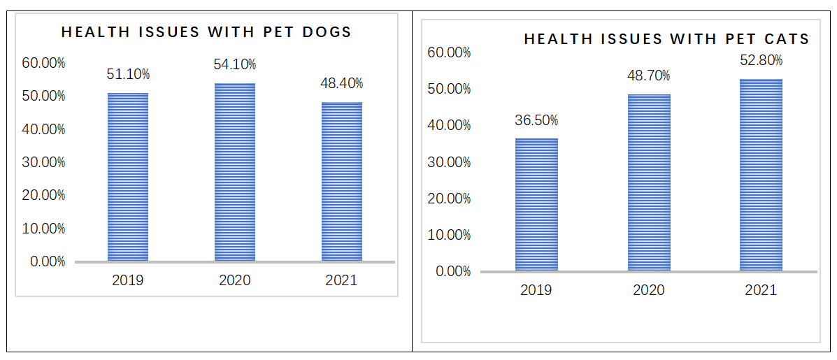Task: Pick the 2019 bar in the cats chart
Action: coord(536,204)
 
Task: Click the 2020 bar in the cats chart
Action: coord(649,182)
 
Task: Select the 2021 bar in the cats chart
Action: coord(761,175)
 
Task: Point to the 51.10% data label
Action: coord(128,74)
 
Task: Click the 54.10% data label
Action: coord(235,64)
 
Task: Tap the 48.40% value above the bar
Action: coord(342,84)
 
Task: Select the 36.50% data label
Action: coord(536,120)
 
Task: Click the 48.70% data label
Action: coord(649,75)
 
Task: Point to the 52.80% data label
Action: coord(761,61)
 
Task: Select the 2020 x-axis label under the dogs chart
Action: coord(235,281)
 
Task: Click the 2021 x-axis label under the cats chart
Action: coord(761,290)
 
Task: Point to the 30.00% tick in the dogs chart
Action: coord(43,162)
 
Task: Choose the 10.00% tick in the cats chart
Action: coord(449,234)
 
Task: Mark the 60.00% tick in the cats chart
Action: coord(449,52)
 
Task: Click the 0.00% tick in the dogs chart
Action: coord(47,262)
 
